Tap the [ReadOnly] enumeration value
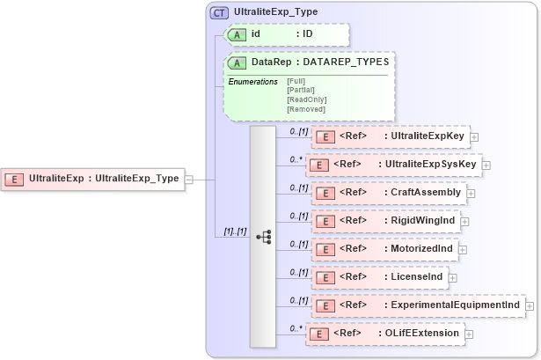(306, 99)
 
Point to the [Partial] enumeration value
(302, 90)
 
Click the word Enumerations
(253, 82)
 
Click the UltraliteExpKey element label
(426, 136)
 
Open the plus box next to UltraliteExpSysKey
(486, 165)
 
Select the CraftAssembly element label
(424, 192)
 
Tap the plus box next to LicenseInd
(453, 277)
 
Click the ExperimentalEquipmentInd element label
(452, 305)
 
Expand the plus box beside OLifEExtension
(469, 334)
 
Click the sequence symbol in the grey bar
(263, 236)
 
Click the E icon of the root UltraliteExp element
(15, 179)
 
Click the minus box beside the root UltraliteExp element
(189, 179)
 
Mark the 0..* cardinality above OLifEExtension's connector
(297, 327)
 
